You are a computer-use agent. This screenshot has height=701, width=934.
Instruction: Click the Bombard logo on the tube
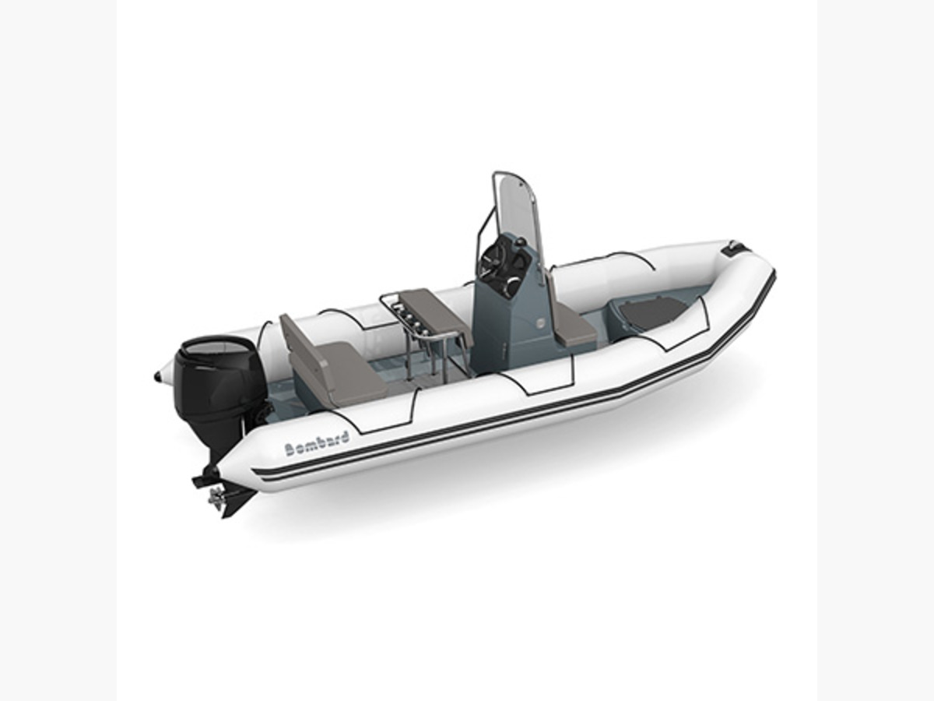pyautogui.click(x=317, y=445)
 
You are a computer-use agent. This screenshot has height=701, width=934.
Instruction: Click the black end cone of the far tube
pyautogui.click(x=158, y=376)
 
